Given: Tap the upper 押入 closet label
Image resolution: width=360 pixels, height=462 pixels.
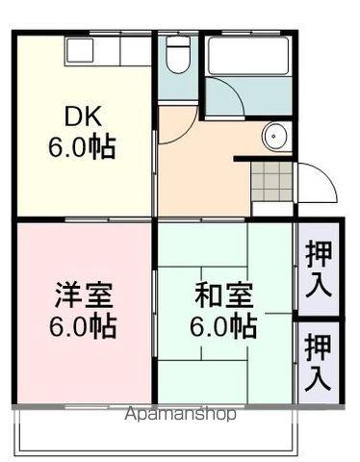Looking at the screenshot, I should tap(318, 269).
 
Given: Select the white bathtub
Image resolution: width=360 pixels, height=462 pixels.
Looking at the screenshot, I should tap(249, 58).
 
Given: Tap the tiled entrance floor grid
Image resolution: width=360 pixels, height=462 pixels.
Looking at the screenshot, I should tap(272, 178).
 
